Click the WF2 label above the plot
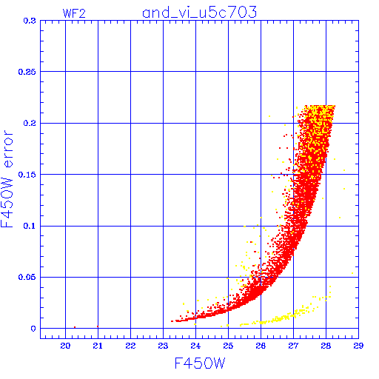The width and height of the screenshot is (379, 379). tap(74, 13)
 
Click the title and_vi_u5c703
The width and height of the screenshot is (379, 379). tap(200, 13)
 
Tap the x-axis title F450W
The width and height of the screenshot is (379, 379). tap(200, 363)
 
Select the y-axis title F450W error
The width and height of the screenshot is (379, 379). tap(7, 178)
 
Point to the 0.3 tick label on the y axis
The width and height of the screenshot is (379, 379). tap(30, 21)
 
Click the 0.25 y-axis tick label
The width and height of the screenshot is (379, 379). tap(27, 72)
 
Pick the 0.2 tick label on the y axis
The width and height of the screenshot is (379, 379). tap(30, 123)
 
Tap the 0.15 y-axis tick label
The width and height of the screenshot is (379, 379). tap(27, 175)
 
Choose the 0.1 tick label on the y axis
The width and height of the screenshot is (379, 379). tap(30, 226)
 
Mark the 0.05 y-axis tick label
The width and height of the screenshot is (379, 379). tap(27, 277)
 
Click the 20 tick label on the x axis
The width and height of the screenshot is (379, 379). tap(65, 346)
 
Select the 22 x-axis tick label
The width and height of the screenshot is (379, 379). tap(130, 346)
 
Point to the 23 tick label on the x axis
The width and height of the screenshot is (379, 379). tap(163, 346)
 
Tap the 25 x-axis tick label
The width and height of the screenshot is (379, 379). tap(228, 346)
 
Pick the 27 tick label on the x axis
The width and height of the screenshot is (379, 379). tap(293, 346)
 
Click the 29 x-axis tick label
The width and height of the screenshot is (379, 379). tap(358, 346)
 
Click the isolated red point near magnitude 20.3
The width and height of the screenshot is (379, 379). tap(75, 327)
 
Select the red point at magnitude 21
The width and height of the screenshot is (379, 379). tap(98, 326)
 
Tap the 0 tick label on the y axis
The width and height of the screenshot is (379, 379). tap(33, 329)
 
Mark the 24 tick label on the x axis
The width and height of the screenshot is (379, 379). tap(195, 346)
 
